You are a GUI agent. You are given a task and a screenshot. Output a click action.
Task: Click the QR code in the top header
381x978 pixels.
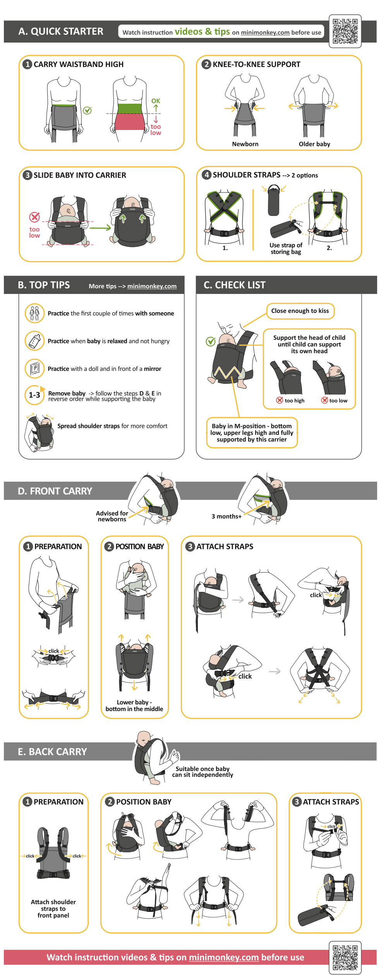pyautogui.click(x=345, y=31)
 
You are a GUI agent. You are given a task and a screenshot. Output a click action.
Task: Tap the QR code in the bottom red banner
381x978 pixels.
pyautogui.click(x=345, y=957)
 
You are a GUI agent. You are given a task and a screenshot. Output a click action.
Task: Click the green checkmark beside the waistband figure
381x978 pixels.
pyautogui.click(x=88, y=110)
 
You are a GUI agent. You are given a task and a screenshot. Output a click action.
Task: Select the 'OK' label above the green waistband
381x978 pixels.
pyautogui.click(x=156, y=101)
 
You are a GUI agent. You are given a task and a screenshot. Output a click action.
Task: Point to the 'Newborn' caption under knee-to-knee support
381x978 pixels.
pyautogui.click(x=245, y=144)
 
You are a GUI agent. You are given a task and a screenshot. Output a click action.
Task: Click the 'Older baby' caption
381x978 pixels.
pyautogui.click(x=314, y=144)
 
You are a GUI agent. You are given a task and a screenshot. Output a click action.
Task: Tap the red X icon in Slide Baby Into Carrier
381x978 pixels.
pyautogui.click(x=34, y=217)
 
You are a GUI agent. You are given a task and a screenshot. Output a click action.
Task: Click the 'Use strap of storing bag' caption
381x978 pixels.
pyautogui.click(x=286, y=248)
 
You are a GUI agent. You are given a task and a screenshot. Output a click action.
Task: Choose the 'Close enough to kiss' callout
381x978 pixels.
pyautogui.click(x=300, y=311)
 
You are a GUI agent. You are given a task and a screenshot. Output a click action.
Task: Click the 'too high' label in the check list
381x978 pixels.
pyautogui.click(x=295, y=401)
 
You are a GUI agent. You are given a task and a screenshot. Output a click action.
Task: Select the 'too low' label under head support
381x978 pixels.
pyautogui.click(x=338, y=401)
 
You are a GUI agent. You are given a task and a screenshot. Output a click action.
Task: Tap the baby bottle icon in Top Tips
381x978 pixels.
pyautogui.click(x=34, y=341)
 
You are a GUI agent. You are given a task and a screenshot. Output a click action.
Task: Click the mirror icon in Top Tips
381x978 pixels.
pyautogui.click(x=34, y=368)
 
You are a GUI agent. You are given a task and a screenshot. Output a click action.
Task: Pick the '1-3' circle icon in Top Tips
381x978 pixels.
pyautogui.click(x=34, y=395)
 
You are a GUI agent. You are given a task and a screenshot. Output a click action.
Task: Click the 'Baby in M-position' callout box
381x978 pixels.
pyautogui.click(x=252, y=433)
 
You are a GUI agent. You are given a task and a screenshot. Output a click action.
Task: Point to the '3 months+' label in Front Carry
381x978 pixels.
pyautogui.click(x=227, y=516)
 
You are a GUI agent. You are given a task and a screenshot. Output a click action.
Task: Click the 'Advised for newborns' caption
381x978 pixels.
pyautogui.click(x=112, y=516)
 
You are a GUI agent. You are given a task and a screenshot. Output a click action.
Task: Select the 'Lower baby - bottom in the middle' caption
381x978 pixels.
pyautogui.click(x=134, y=705)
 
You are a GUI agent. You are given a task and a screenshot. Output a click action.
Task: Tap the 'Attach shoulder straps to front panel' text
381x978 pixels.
pyautogui.click(x=53, y=908)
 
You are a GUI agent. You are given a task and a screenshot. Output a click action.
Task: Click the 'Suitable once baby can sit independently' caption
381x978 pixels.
pyautogui.click(x=203, y=771)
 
